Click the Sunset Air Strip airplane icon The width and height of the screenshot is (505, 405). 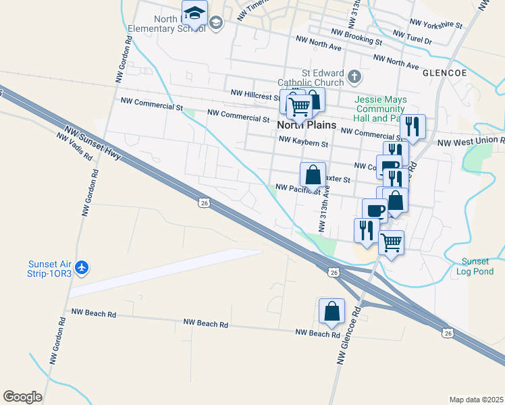click(x=82, y=268)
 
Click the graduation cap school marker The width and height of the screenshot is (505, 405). click(x=194, y=13)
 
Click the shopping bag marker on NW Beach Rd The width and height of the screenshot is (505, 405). click(x=331, y=311)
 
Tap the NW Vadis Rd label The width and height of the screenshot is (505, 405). click(x=74, y=145)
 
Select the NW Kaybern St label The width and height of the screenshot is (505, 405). click(x=302, y=143)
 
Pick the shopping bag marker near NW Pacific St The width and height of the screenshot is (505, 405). click(x=313, y=175)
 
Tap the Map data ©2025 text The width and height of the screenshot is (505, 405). click(x=476, y=400)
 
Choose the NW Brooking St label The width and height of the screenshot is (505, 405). click(x=356, y=36)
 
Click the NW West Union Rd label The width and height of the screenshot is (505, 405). click(x=471, y=142)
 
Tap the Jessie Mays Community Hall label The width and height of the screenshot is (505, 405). click(x=381, y=109)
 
